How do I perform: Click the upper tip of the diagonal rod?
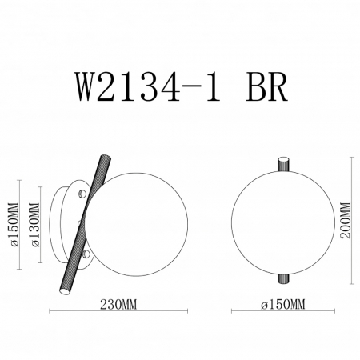pyautogui.click(x=106, y=157)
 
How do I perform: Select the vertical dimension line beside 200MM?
pyautogui.click(x=353, y=218)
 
